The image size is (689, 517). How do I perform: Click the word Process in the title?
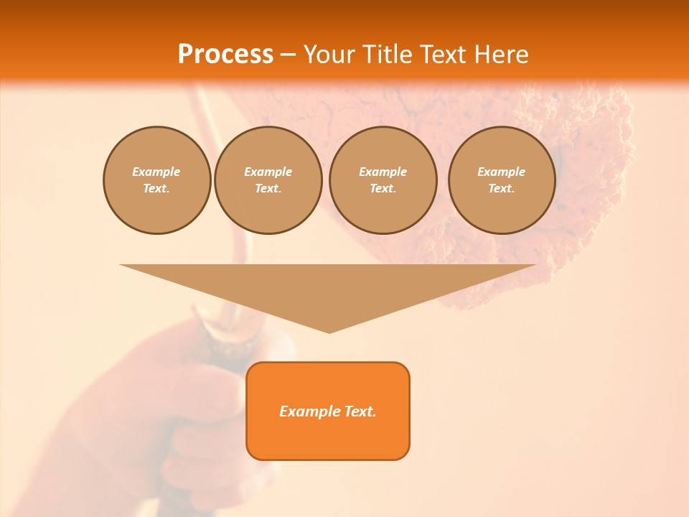click(x=225, y=55)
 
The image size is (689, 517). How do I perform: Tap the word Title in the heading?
click(x=386, y=55)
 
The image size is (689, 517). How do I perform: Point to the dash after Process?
click(x=288, y=55)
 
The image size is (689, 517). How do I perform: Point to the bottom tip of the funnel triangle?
click(x=329, y=332)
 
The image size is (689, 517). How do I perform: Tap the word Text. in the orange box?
click(x=360, y=411)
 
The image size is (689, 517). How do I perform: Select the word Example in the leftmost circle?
click(x=156, y=172)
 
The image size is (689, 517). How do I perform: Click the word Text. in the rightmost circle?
click(x=501, y=188)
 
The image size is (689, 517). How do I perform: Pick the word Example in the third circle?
click(x=383, y=172)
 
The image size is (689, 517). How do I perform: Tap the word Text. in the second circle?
click(x=268, y=188)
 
